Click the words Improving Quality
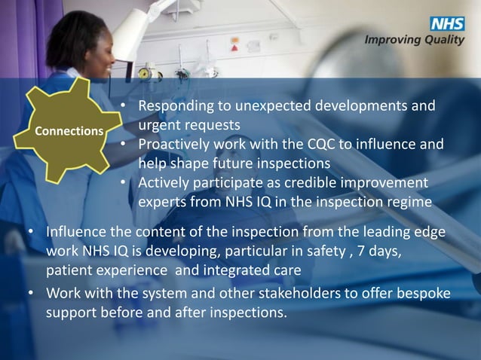coord(415,40)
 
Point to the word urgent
coord(158,124)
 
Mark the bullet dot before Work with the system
coord(33,293)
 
